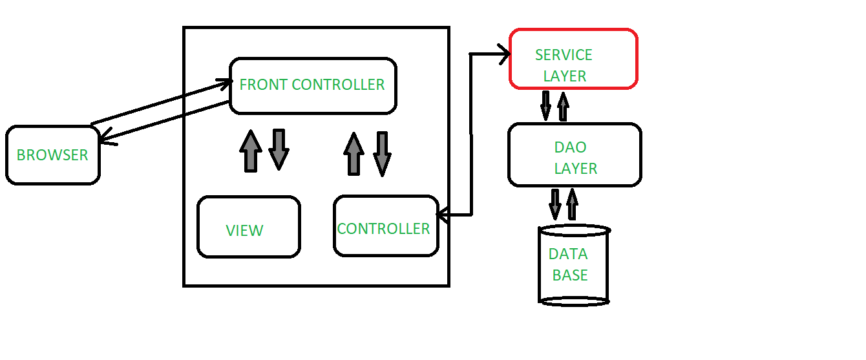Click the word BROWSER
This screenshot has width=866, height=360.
coord(52,156)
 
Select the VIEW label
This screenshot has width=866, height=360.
coord(244,231)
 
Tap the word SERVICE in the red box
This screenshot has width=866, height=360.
coord(564,56)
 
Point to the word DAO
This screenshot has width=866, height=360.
coord(571,147)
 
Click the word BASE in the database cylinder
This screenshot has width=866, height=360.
coord(570,275)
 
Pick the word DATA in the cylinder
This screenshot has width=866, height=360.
coord(568,255)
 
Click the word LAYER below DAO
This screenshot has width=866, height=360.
coord(576,169)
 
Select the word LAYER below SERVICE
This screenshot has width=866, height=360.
coord(565,76)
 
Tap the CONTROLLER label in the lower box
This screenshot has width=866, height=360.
coord(383,229)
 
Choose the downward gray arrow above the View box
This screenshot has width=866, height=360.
coord(279,149)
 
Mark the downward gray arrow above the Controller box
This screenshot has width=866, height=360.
coord(382,154)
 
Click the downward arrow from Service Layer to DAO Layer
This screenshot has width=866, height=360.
coord(546,105)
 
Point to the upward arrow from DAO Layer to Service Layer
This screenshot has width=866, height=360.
coord(563,105)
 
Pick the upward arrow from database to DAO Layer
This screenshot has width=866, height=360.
coord(572,204)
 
